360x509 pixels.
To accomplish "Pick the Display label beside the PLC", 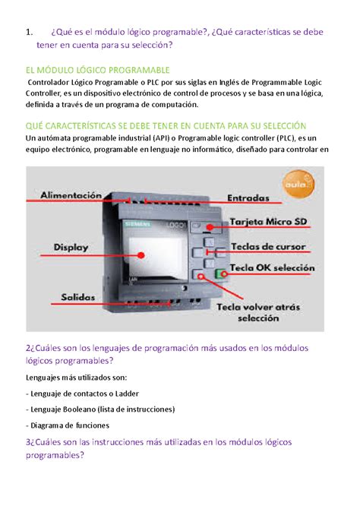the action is click(x=71, y=248).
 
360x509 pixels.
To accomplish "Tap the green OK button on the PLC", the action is click(x=222, y=273).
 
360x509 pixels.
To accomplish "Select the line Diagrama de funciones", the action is click(x=68, y=425).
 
